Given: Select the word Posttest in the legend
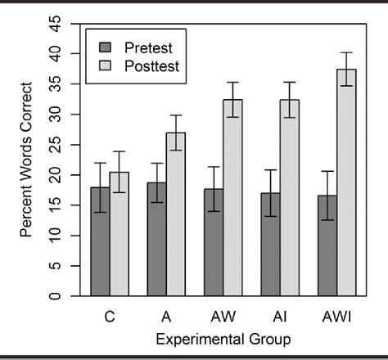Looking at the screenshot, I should tap(151, 64).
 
